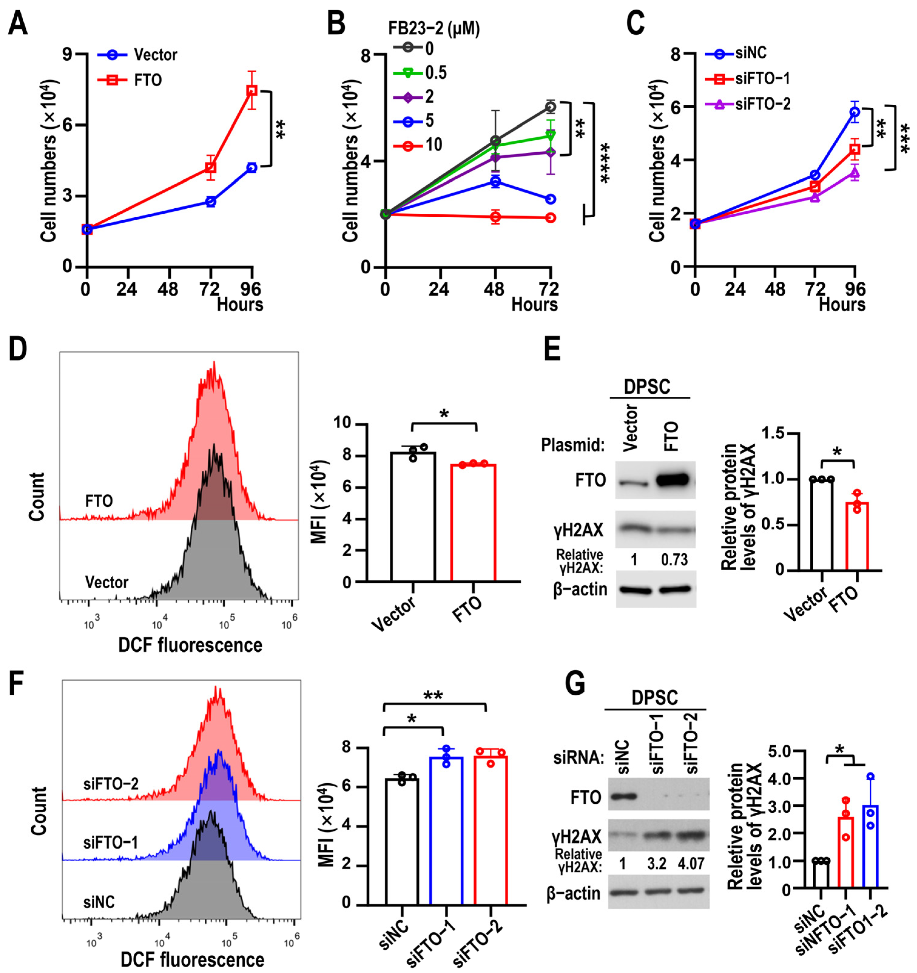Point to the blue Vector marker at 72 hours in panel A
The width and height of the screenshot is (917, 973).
coord(211,201)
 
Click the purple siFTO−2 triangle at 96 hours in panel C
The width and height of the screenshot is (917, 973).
coord(855,172)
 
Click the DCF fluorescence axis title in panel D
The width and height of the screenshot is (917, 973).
coord(190,645)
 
